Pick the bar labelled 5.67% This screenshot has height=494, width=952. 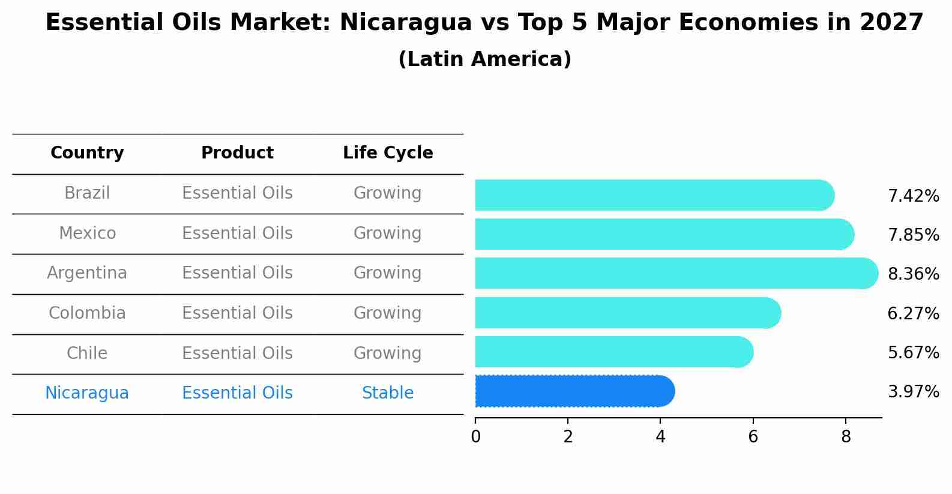pyautogui.click(x=612, y=352)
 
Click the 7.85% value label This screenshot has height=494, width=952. pyautogui.click(x=913, y=235)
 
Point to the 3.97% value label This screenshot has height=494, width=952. pyautogui.click(x=913, y=392)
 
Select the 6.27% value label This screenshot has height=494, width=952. pyautogui.click(x=913, y=313)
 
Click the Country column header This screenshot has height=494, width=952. pyautogui.click(x=87, y=153)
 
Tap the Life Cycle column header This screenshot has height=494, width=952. pyautogui.click(x=388, y=153)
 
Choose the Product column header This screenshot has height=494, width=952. pyautogui.click(x=237, y=153)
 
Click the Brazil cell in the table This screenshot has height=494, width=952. pyautogui.click(x=87, y=193)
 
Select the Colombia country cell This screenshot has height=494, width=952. pyautogui.click(x=87, y=313)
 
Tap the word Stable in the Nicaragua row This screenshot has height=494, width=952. pyautogui.click(x=388, y=393)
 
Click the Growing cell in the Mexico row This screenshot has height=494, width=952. pyautogui.click(x=388, y=233)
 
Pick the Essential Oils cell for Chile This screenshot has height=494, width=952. pyautogui.click(x=237, y=353)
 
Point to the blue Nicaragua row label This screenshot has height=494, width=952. pyautogui.click(x=87, y=393)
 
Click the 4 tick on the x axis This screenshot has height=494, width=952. pyautogui.click(x=660, y=437)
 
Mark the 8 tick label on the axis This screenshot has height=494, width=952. pyautogui.click(x=846, y=437)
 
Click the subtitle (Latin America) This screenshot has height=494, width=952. pyautogui.click(x=484, y=59)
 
